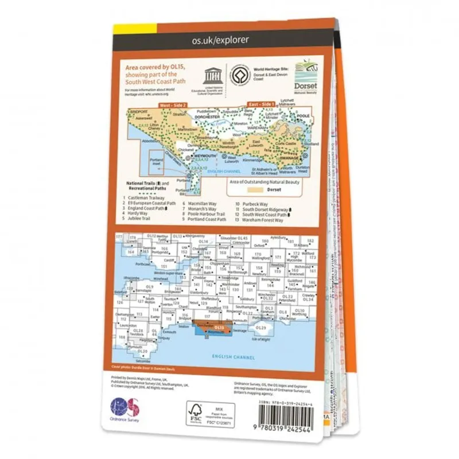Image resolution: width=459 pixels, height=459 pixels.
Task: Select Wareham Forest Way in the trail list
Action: point(263,220)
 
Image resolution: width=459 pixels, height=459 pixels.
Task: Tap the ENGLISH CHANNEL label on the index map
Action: point(237,357)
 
